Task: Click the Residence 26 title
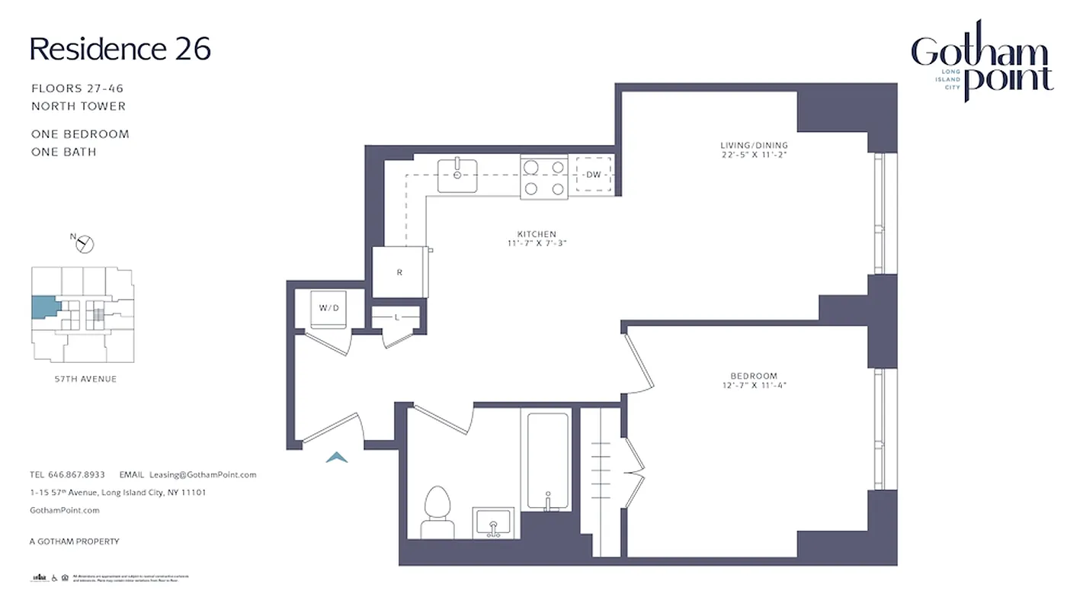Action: point(120,49)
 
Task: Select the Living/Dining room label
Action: point(754,149)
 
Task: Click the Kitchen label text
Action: point(537,238)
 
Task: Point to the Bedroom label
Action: point(753,380)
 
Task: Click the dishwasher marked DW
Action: point(594,175)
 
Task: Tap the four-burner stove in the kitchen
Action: point(544,177)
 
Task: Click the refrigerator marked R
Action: point(399,272)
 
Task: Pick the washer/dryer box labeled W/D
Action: point(328,309)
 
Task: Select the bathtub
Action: point(548,461)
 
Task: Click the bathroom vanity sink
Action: point(493,523)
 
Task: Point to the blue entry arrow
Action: point(337,457)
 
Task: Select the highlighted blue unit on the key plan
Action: point(43,308)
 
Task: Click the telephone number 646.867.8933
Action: point(77,474)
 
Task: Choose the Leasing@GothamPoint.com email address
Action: point(203,474)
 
